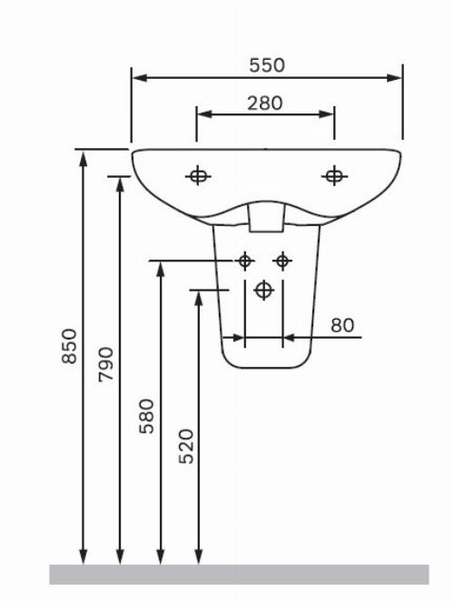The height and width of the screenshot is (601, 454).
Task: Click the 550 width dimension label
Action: coord(267,65)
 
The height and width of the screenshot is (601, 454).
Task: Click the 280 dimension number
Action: coord(264,103)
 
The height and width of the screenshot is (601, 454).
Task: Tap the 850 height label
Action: coord(70,345)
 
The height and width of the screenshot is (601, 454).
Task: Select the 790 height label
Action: coord(106,364)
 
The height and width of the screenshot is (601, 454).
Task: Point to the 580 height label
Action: coord(146,417)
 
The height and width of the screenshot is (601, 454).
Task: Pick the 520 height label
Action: coord(187,446)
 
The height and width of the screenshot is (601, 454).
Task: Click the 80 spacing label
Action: coord(342,325)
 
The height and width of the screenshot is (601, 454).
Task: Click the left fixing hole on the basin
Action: coord(198,176)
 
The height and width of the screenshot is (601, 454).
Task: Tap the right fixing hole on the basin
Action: coord(334,176)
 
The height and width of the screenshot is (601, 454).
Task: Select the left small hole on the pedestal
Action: coord(245,261)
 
